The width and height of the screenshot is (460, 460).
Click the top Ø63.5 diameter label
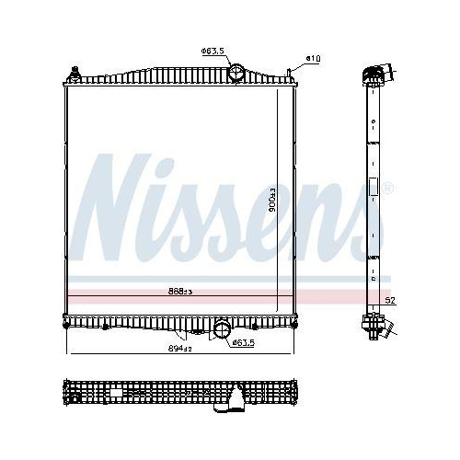[213, 51]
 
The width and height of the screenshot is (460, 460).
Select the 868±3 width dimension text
[179, 291]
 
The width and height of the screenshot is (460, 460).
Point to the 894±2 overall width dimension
[179, 349]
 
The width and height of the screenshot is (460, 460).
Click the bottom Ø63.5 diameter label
[243, 342]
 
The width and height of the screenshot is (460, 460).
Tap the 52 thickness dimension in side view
[390, 301]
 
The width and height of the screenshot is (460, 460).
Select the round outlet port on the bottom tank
[221, 330]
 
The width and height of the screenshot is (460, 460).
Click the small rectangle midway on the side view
[374, 187]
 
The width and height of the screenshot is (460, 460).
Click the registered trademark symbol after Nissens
[387, 188]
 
